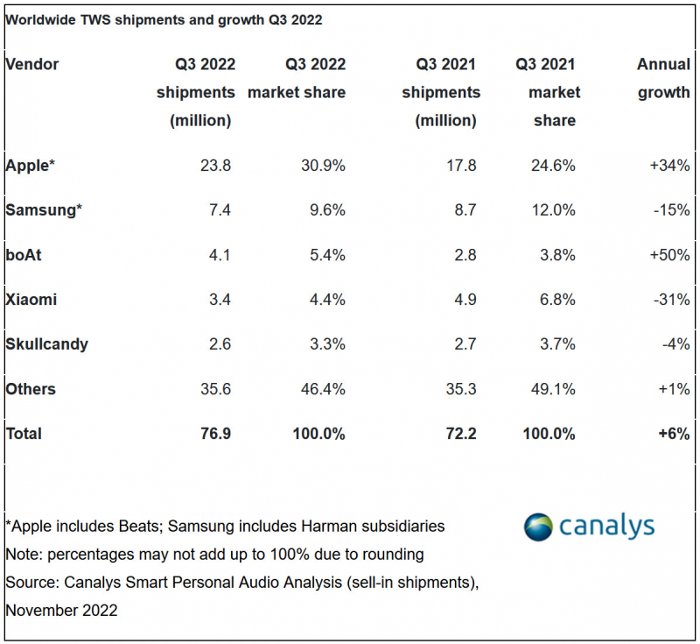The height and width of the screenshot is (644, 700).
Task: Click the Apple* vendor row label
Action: [30, 166]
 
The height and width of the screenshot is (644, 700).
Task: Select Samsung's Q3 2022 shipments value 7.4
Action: [220, 210]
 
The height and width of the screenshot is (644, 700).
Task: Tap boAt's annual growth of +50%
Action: [669, 255]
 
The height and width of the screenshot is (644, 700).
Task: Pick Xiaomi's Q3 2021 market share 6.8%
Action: [557, 300]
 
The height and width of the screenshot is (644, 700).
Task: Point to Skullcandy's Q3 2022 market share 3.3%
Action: [327, 344]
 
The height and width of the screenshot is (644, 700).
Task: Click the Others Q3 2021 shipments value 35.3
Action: [461, 389]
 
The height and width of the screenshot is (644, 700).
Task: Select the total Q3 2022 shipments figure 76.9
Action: [215, 434]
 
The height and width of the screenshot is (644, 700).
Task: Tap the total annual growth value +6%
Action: [674, 434]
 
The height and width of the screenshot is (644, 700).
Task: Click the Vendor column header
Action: [31, 64]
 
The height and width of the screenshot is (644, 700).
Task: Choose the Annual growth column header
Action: [663, 78]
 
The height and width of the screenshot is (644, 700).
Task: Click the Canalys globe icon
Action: [538, 527]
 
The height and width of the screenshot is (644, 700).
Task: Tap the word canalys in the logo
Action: [606, 527]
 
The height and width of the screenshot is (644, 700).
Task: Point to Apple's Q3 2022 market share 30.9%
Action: [323, 166]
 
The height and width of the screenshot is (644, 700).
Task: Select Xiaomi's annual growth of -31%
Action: [671, 300]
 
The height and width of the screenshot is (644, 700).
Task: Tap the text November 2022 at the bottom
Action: [61, 611]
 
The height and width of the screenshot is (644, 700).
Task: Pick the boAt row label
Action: [24, 255]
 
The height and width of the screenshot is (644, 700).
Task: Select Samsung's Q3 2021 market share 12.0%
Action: [553, 210]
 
